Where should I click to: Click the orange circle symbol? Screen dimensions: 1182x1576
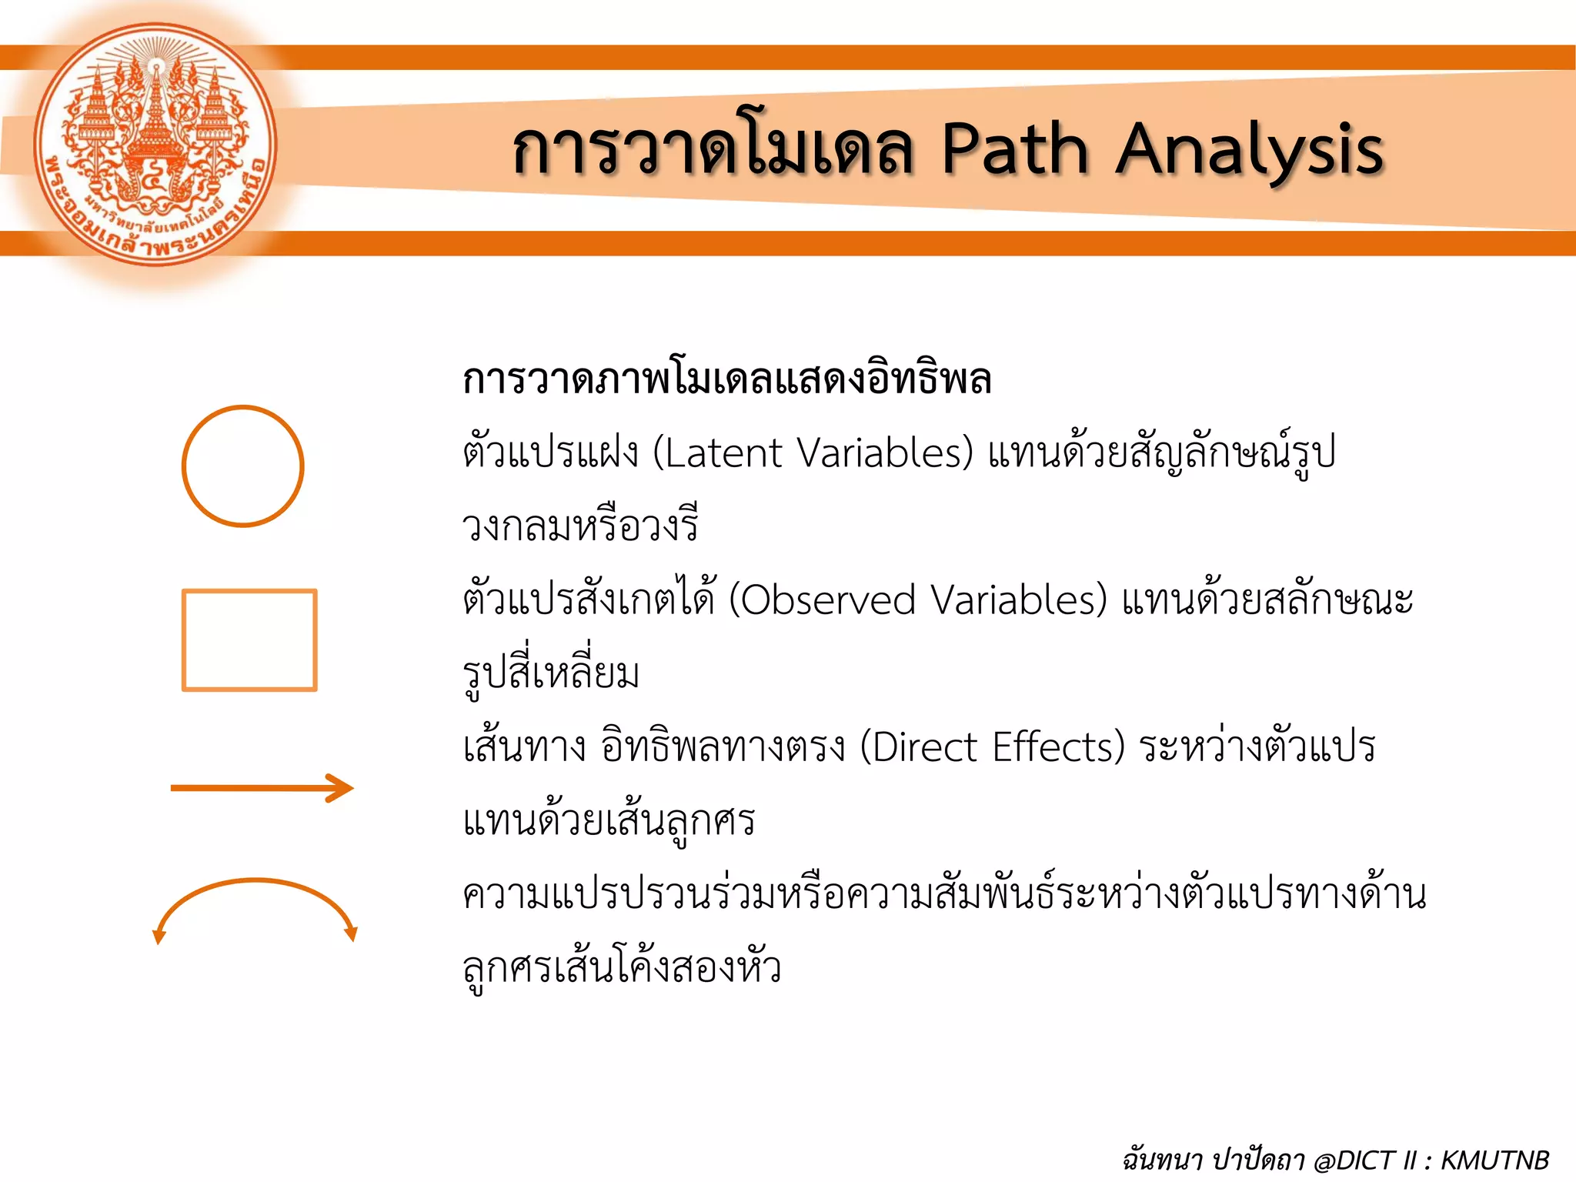243,466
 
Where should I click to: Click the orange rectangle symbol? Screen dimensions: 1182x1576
249,640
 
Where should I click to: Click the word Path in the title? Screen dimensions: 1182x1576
1015,149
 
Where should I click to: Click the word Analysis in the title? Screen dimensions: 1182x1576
1250,151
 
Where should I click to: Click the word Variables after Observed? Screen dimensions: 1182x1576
1017,600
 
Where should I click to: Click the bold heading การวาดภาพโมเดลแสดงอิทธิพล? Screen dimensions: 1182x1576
726,379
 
